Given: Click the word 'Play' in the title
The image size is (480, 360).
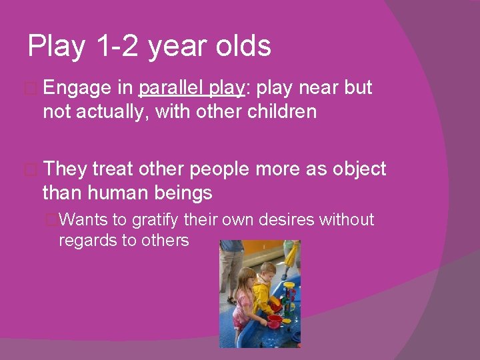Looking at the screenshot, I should [57, 47].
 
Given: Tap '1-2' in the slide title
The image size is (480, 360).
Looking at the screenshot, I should [117, 47].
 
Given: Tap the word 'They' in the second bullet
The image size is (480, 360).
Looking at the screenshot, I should [65, 169].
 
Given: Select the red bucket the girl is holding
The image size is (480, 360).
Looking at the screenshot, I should [273, 322].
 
